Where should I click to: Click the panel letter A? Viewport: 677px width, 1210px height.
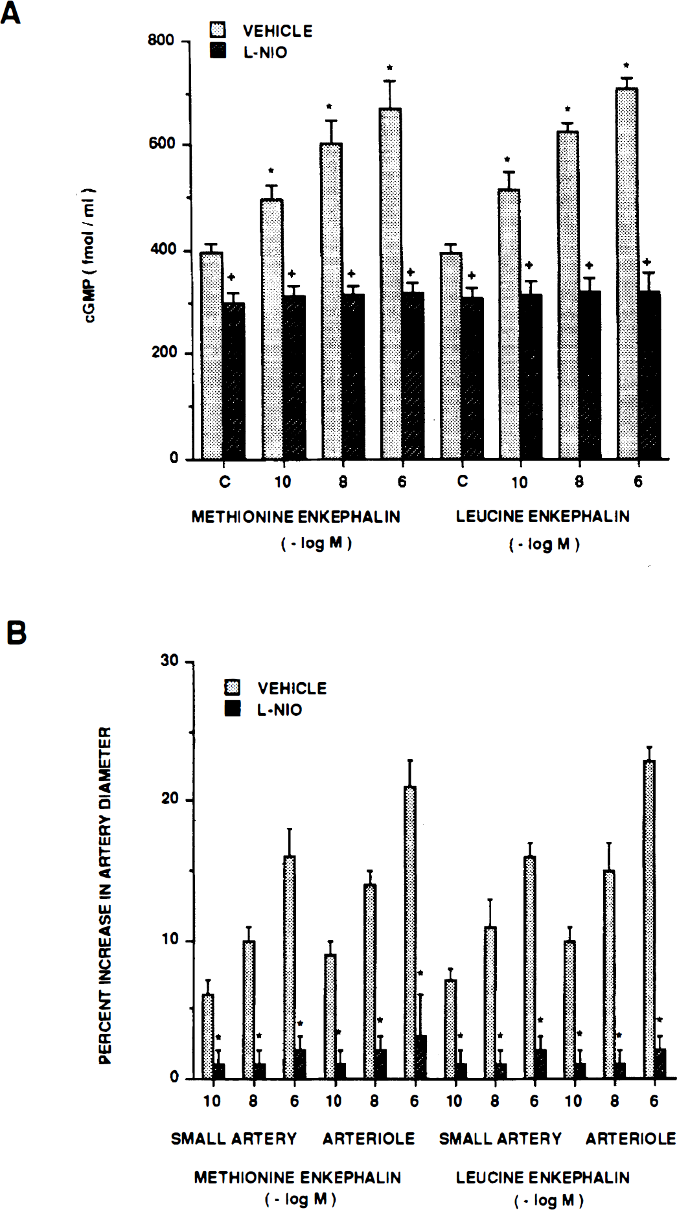click(10, 12)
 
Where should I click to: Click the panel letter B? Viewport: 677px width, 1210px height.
click(16, 632)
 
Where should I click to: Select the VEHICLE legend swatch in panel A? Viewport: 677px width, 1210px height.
click(218, 30)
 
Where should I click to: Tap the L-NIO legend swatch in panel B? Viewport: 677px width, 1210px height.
click(232, 709)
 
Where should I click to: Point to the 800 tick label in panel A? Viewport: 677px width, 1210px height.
click(161, 40)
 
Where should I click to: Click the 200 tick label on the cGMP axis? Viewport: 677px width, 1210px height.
click(164, 352)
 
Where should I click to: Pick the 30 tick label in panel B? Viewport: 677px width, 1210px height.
click(169, 661)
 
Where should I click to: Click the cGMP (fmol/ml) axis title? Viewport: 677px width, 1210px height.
click(89, 256)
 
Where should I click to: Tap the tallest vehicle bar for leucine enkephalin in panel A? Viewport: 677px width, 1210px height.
click(626, 272)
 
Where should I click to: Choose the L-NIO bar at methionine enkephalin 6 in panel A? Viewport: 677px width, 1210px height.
click(412, 376)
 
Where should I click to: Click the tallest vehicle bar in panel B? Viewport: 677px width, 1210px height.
click(649, 920)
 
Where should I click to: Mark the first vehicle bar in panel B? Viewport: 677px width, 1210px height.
click(208, 1037)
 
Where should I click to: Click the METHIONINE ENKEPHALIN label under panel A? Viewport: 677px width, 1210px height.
click(295, 517)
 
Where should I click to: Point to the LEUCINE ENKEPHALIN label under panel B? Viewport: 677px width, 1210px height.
click(542, 1178)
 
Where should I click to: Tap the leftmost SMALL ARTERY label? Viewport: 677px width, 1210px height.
click(233, 1139)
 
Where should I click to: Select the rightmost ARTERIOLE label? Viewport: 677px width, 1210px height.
click(630, 1139)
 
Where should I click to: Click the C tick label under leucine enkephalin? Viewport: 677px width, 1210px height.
click(462, 481)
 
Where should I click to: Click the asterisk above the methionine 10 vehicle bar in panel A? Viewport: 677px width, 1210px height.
click(271, 172)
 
